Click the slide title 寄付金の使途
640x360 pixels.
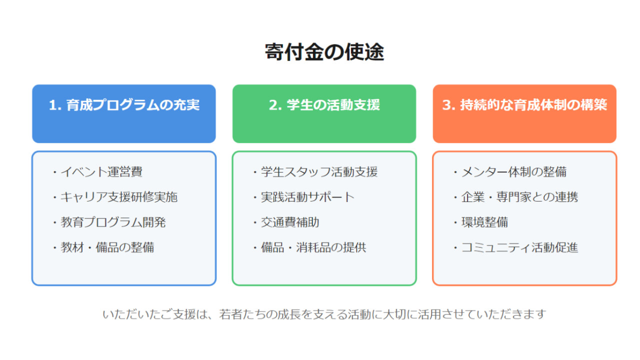pos(324,52)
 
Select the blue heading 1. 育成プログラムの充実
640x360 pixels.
pos(124,105)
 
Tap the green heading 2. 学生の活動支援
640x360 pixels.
pos(324,105)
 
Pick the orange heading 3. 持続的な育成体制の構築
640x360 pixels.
pos(524,105)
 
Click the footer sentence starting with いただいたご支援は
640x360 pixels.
pos(324,314)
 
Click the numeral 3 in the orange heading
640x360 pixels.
pos(447,105)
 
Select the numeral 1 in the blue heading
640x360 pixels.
pos(53,105)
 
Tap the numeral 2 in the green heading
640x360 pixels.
pos(273,105)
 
